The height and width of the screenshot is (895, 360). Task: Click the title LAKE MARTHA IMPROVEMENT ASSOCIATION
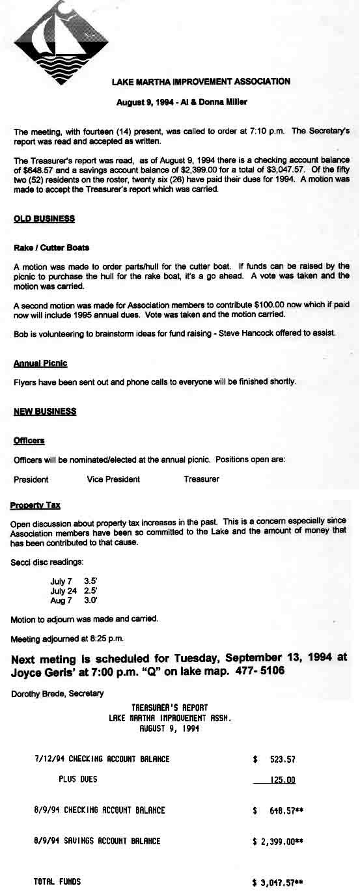click(x=201, y=82)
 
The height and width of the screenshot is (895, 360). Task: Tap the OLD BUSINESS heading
click(x=44, y=219)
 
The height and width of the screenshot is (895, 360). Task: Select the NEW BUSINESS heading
click(x=45, y=411)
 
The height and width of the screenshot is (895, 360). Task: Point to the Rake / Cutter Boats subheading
click(x=51, y=248)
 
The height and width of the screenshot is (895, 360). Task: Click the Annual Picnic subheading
click(x=40, y=363)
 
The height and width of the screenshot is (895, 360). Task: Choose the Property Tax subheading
click(x=35, y=505)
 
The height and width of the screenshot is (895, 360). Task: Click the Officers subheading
click(x=29, y=441)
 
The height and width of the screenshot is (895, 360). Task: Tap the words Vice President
click(x=113, y=479)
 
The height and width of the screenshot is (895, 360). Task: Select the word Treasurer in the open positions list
click(x=201, y=479)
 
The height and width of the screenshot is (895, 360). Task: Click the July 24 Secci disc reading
click(x=74, y=590)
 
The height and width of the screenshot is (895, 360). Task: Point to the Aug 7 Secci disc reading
click(x=74, y=600)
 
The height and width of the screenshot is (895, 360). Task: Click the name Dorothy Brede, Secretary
click(x=57, y=693)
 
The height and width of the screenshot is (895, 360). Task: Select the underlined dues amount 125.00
click(x=282, y=780)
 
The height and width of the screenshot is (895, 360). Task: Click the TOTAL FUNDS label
click(x=57, y=881)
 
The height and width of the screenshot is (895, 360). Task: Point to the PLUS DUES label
click(x=77, y=779)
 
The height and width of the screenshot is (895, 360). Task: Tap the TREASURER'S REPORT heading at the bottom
click(x=169, y=707)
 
